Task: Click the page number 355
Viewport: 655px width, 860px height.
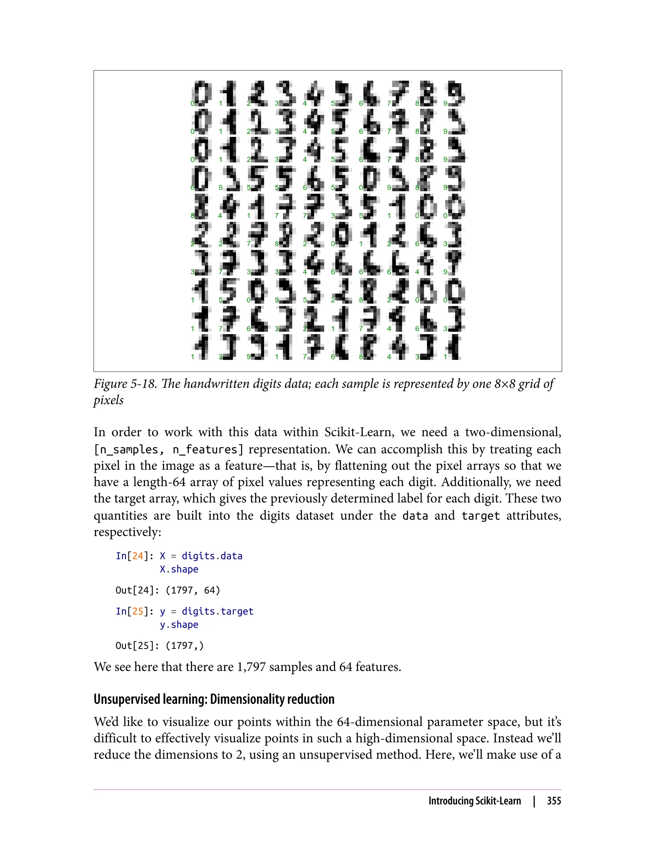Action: click(554, 801)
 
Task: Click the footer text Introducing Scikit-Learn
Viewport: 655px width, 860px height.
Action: click(475, 801)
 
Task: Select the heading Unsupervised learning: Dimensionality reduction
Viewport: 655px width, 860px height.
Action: click(214, 699)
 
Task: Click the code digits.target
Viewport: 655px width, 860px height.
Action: click(217, 611)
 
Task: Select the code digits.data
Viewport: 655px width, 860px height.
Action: click(212, 556)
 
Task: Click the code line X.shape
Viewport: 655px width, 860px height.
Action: click(179, 569)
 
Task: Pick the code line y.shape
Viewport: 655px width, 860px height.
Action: click(179, 625)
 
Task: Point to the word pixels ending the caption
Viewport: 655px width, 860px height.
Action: click(108, 401)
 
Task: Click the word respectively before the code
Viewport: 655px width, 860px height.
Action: click(127, 532)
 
